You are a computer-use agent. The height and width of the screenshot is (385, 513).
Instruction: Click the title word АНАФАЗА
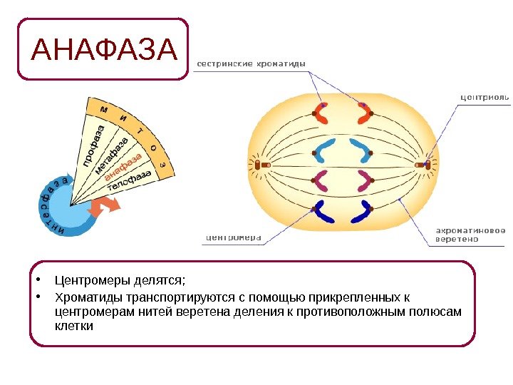[x=104, y=50]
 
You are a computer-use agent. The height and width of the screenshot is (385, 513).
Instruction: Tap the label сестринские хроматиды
[x=251, y=64]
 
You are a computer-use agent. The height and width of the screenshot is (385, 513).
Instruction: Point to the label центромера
[x=234, y=237]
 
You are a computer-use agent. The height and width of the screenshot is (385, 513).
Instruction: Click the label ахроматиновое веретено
[x=471, y=235]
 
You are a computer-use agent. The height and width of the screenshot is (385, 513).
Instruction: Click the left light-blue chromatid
[x=325, y=150]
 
